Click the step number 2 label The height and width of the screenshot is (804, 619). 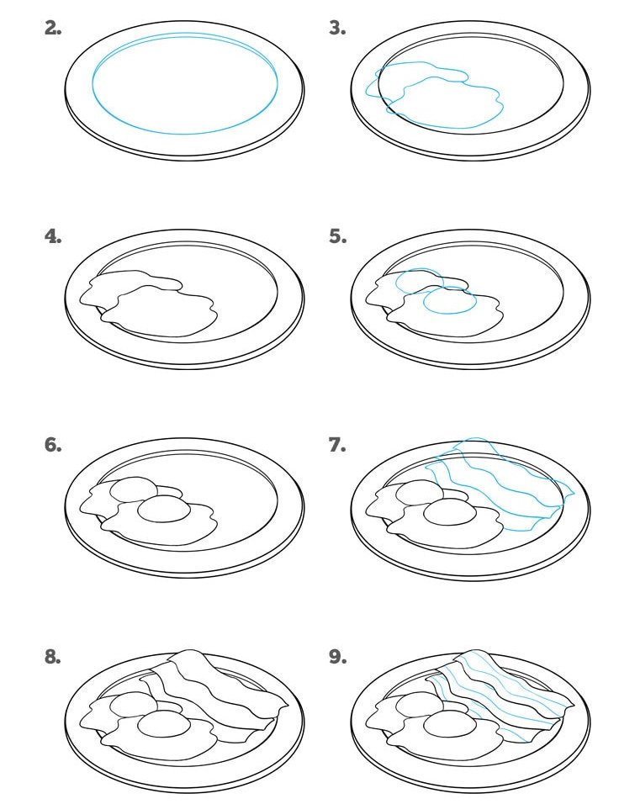click(x=53, y=29)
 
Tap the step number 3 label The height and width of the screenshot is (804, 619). click(x=337, y=29)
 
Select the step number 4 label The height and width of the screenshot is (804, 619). click(x=53, y=236)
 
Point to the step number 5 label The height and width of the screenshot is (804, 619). click(x=337, y=236)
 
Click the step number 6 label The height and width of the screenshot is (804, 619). click(x=53, y=445)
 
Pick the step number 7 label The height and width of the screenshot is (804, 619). click(x=337, y=445)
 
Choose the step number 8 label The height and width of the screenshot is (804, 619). click(x=53, y=657)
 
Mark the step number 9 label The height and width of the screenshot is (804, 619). click(x=337, y=657)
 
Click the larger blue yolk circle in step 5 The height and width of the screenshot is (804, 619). click(x=450, y=300)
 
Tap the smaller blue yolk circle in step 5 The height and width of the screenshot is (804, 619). click(x=420, y=282)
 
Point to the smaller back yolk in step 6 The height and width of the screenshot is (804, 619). click(x=134, y=490)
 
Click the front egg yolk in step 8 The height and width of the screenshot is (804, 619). click(x=164, y=723)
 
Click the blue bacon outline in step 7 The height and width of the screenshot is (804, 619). click(x=500, y=484)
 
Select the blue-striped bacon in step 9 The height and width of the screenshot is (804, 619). click(x=500, y=696)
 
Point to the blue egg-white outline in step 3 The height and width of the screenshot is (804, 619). click(x=434, y=95)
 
